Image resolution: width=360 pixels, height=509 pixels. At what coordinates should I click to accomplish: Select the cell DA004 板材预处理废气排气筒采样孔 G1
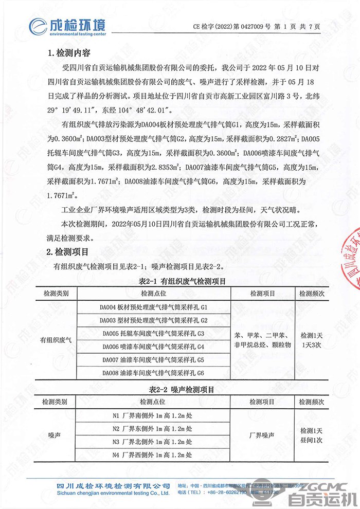click(x=153, y=307)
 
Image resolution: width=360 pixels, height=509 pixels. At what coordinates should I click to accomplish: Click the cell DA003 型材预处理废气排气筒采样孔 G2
click(x=153, y=320)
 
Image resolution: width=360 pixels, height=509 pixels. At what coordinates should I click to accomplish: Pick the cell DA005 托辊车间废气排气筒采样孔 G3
click(x=153, y=334)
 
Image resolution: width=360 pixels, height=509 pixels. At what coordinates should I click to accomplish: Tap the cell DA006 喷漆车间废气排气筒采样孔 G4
click(x=153, y=347)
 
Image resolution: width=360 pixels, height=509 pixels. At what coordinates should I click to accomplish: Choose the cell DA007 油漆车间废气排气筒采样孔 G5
click(x=153, y=359)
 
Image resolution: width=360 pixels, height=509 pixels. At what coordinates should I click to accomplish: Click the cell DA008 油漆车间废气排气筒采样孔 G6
click(x=153, y=373)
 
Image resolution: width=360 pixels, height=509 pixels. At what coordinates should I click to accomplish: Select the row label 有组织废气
click(x=57, y=340)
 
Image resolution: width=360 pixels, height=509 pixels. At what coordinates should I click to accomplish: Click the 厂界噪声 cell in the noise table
click(x=262, y=434)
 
